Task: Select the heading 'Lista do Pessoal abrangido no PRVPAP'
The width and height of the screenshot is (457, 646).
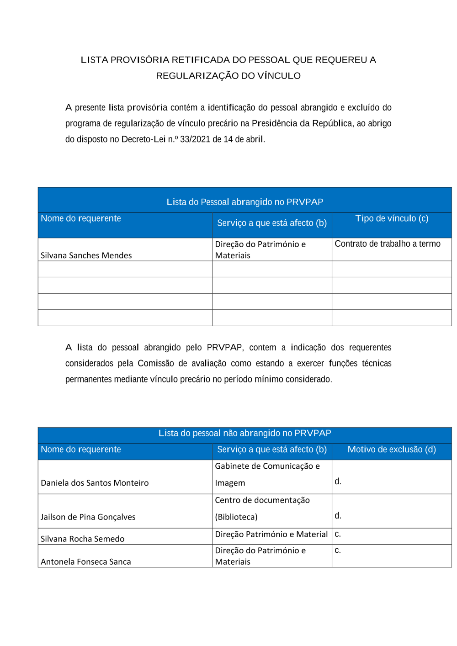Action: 244,202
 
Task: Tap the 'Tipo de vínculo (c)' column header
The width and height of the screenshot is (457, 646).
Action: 392,218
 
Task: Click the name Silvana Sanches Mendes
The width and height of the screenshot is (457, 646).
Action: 86,255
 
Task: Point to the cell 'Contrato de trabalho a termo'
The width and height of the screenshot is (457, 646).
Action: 388,244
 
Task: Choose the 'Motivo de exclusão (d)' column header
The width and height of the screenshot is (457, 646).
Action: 392,450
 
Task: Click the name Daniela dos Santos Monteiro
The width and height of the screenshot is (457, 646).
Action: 95,483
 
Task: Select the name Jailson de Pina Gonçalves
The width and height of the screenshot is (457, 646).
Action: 88,517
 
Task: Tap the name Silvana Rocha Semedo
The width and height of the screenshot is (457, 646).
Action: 82,539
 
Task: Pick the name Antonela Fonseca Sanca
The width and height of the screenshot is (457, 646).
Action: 86,562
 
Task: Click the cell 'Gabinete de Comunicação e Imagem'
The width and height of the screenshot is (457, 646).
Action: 267,474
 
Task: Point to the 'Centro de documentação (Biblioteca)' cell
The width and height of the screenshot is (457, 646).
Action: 262,508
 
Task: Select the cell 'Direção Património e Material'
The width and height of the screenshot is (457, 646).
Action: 271,535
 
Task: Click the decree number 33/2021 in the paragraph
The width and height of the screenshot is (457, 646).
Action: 195,139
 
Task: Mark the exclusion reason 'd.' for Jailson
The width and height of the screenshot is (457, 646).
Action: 338,516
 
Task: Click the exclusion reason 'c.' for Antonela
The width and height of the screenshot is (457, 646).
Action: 338,551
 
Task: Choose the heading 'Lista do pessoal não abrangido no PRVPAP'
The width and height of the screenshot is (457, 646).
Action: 244,433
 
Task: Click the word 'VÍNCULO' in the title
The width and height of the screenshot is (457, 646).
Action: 279,76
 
